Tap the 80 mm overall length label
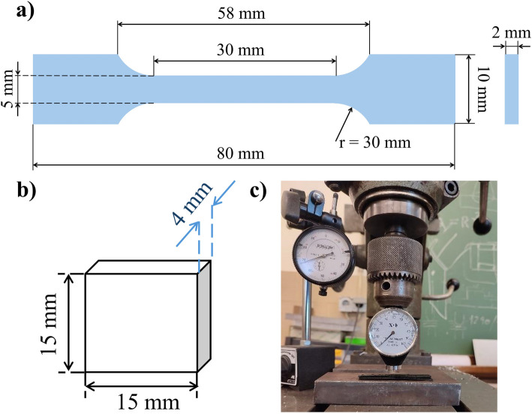point(243,155)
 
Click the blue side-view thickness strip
point(512,88)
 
